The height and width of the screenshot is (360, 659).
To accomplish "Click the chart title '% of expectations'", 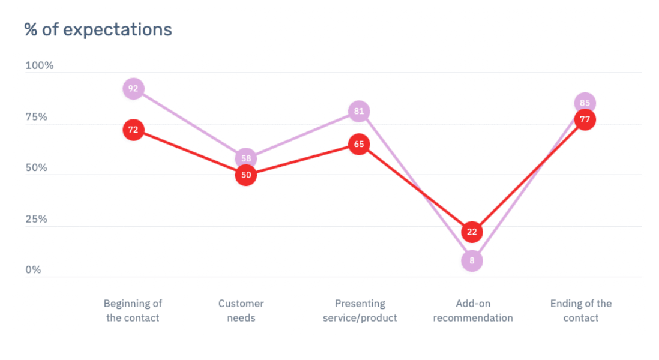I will pos(98,29).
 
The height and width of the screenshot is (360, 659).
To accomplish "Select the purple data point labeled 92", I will pos(133,89).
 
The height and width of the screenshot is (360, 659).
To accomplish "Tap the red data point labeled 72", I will pos(133,130).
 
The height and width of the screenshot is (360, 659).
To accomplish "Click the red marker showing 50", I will pos(245,175).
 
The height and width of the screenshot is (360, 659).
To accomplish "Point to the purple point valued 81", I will pos(358,111).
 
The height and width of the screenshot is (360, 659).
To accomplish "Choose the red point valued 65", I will pos(358,144).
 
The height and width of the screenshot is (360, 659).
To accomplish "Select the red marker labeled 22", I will pos(472,232).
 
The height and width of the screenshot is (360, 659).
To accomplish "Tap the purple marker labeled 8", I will pos(472,260).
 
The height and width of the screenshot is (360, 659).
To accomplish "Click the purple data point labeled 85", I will pos(585,102).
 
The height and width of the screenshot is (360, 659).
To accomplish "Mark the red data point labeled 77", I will pos(585,119).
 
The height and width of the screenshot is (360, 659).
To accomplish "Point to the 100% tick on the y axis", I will pos(39,65).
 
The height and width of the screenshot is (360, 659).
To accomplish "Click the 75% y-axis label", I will pos(37,117).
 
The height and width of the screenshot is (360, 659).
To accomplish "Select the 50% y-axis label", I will pos(37,168).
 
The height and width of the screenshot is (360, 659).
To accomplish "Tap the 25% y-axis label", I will pos(37,220).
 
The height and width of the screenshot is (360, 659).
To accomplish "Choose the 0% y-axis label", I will pos(34,271).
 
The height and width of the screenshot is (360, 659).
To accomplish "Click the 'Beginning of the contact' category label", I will pos(133,311).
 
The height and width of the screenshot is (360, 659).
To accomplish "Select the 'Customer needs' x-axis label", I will pos(241,311).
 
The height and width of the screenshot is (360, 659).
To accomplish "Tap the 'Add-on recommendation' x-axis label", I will pos(473,311).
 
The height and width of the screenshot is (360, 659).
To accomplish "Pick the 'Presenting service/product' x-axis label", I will pos(360,311).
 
